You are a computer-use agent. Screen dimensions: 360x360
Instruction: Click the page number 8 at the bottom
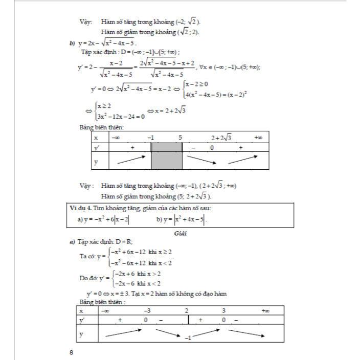[x=71, y=352]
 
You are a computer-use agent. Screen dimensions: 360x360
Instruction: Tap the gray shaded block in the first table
[x=167, y=156]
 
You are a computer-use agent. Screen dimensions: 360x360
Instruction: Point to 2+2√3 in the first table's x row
[x=221, y=138]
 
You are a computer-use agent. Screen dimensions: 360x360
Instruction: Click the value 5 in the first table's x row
[x=181, y=138]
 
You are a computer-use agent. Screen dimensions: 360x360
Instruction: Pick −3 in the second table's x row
[x=146, y=310]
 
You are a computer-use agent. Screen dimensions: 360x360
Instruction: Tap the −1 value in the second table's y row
[x=188, y=338]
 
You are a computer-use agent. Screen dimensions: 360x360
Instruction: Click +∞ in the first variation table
[x=258, y=138]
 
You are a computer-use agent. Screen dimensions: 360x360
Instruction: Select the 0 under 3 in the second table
[x=223, y=320]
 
